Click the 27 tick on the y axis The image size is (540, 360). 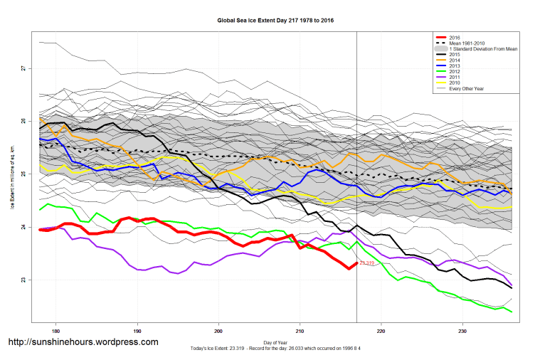[23, 68]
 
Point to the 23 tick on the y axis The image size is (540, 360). [23, 280]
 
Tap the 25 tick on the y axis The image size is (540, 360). [23, 174]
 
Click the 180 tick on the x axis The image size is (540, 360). [56, 331]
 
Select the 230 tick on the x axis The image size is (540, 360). [462, 331]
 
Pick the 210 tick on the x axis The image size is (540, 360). [300, 331]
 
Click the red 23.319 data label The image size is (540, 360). [367, 264]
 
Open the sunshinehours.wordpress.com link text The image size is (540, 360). [83, 342]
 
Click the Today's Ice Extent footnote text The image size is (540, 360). [275, 349]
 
